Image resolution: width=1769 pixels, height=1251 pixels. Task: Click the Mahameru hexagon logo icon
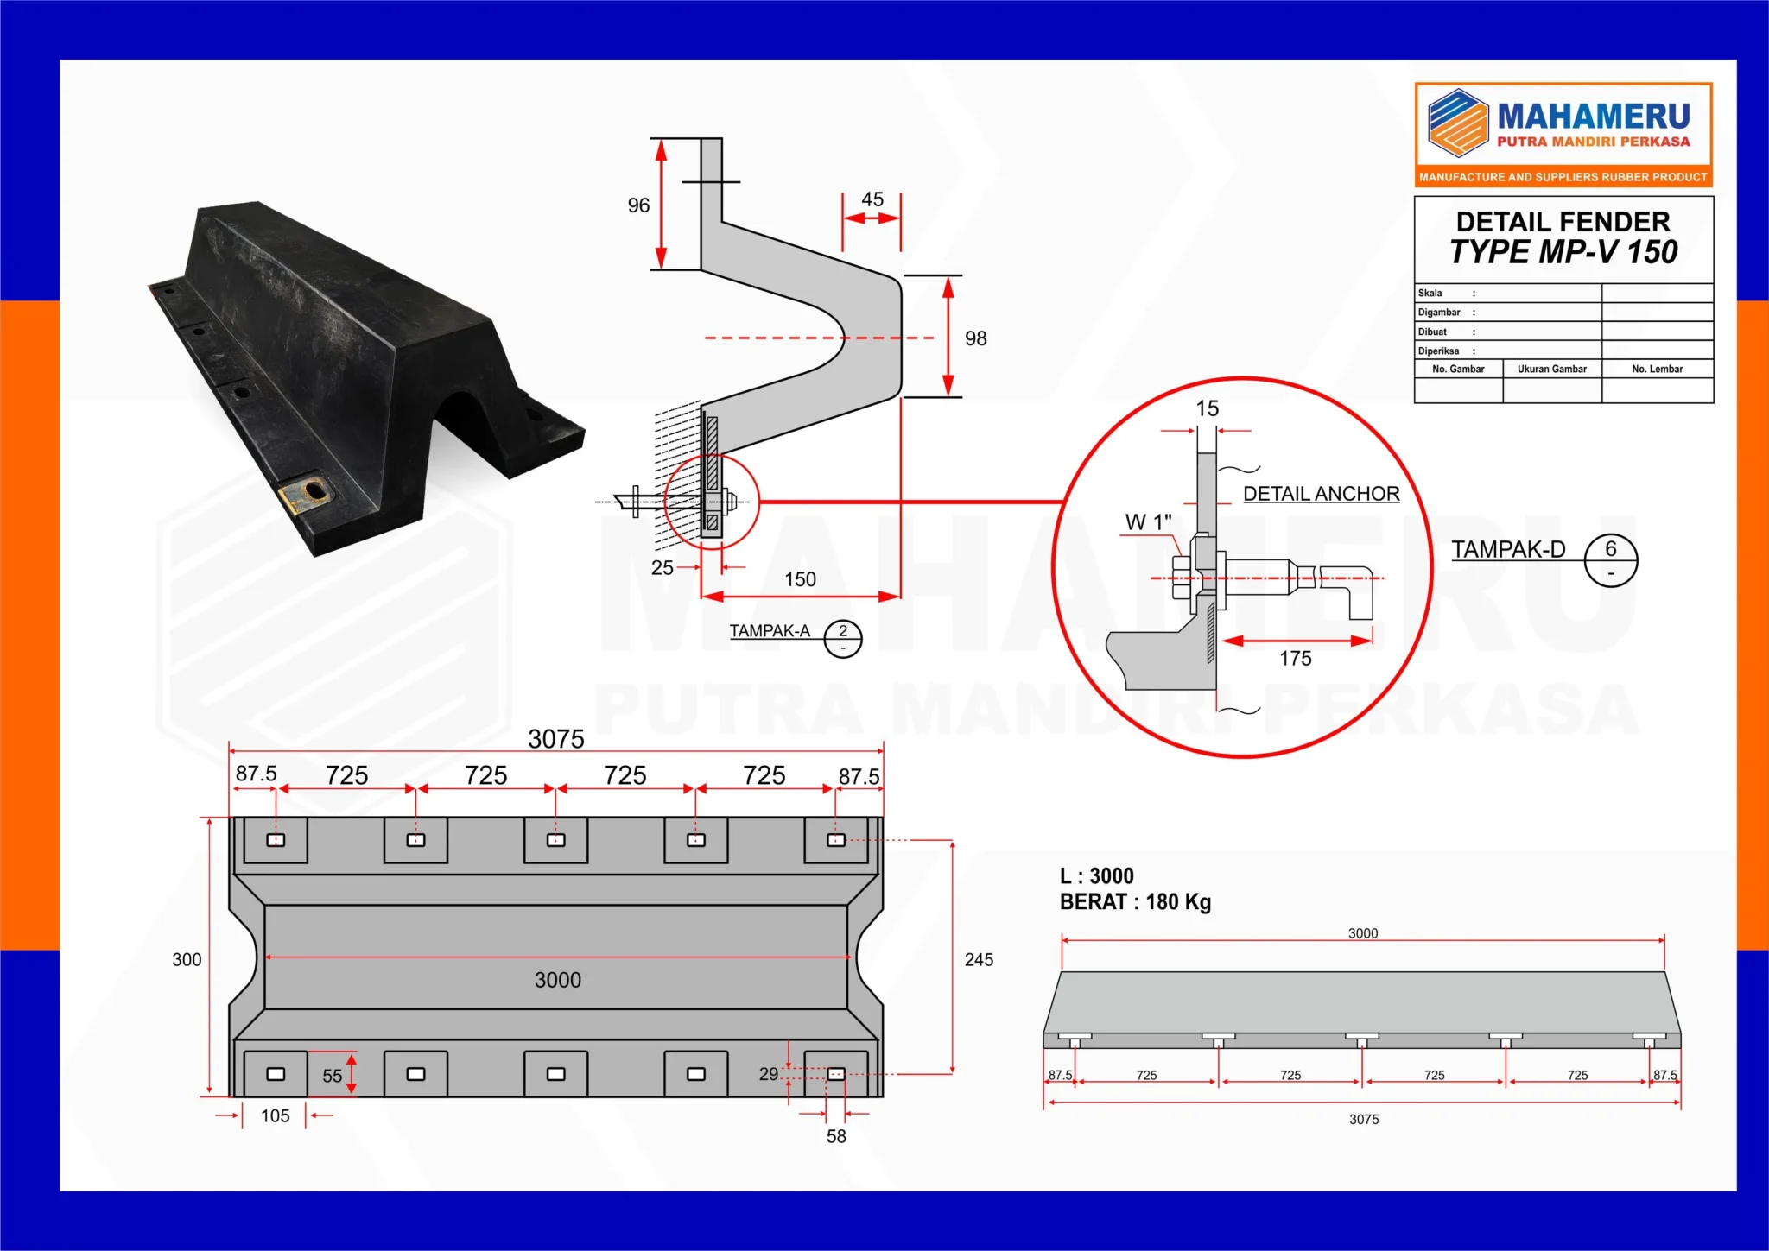pyautogui.click(x=1458, y=123)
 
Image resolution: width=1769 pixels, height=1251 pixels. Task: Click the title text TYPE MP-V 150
pyautogui.click(x=1563, y=252)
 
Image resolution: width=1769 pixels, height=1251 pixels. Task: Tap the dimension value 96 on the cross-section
pyautogui.click(x=638, y=205)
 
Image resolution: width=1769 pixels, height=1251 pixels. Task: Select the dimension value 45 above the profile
pyautogui.click(x=872, y=199)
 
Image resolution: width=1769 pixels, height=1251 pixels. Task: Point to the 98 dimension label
pyautogui.click(x=976, y=338)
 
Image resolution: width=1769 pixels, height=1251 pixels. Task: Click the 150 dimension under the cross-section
pyautogui.click(x=800, y=579)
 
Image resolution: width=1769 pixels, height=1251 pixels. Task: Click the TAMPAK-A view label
pyautogui.click(x=770, y=631)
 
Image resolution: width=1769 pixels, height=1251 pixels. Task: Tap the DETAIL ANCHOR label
pyautogui.click(x=1321, y=494)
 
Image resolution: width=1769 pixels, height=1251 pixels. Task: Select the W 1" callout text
pyautogui.click(x=1148, y=522)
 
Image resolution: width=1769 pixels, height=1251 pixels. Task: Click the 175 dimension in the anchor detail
pyautogui.click(x=1295, y=659)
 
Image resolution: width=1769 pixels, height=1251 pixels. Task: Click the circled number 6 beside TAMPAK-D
pyautogui.click(x=1611, y=549)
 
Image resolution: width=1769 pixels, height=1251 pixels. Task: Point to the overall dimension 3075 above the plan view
pyautogui.click(x=556, y=739)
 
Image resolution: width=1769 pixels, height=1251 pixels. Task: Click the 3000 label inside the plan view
pyautogui.click(x=557, y=980)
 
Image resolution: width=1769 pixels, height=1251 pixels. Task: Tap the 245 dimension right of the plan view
pyautogui.click(x=979, y=960)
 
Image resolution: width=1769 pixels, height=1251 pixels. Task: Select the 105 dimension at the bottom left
pyautogui.click(x=275, y=1116)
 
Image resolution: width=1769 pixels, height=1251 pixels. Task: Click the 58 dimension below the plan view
pyautogui.click(x=836, y=1137)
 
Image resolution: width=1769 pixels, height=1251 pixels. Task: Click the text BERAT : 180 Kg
pyautogui.click(x=1135, y=902)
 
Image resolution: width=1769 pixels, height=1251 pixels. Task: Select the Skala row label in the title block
pyautogui.click(x=1430, y=294)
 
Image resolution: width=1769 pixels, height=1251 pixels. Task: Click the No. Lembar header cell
pyautogui.click(x=1657, y=370)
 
